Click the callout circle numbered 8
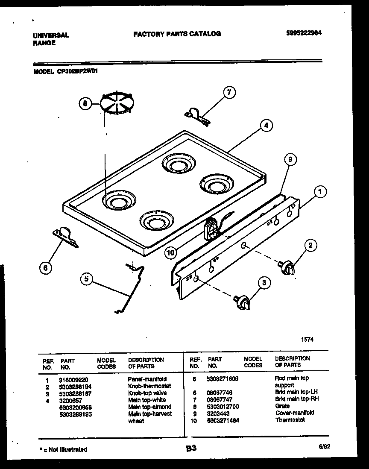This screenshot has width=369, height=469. click(x=85, y=103)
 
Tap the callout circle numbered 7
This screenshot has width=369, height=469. click(x=229, y=92)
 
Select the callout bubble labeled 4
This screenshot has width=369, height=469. click(x=266, y=126)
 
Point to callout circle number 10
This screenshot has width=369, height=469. click(x=171, y=253)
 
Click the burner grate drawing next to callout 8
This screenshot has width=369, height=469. click(x=117, y=103)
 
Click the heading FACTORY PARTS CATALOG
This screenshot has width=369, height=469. click(x=177, y=33)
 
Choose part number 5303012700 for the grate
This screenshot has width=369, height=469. click(x=223, y=406)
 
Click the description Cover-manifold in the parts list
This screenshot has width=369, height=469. click(x=294, y=413)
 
